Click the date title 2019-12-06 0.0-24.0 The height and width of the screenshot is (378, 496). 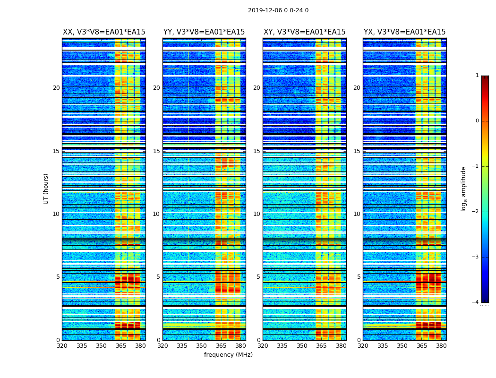278,10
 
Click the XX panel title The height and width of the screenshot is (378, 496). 104,32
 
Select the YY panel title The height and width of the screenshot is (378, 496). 204,32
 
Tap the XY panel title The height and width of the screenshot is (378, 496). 304,32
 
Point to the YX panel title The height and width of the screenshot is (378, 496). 404,32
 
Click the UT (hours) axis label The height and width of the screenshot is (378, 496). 46,189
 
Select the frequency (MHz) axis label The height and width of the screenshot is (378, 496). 228,355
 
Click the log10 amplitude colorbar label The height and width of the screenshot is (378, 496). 464,189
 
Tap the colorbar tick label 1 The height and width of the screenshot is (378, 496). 477,76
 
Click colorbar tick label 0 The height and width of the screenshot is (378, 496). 477,121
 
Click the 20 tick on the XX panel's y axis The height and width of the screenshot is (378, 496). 56,88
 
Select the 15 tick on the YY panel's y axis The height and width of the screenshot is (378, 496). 156,151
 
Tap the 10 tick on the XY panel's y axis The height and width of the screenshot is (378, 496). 257,214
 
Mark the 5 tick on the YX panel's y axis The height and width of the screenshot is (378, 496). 359,277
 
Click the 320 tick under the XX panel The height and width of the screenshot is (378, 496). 62,346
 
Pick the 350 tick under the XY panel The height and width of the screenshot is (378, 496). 301,346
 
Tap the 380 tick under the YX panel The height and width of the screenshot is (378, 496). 441,346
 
